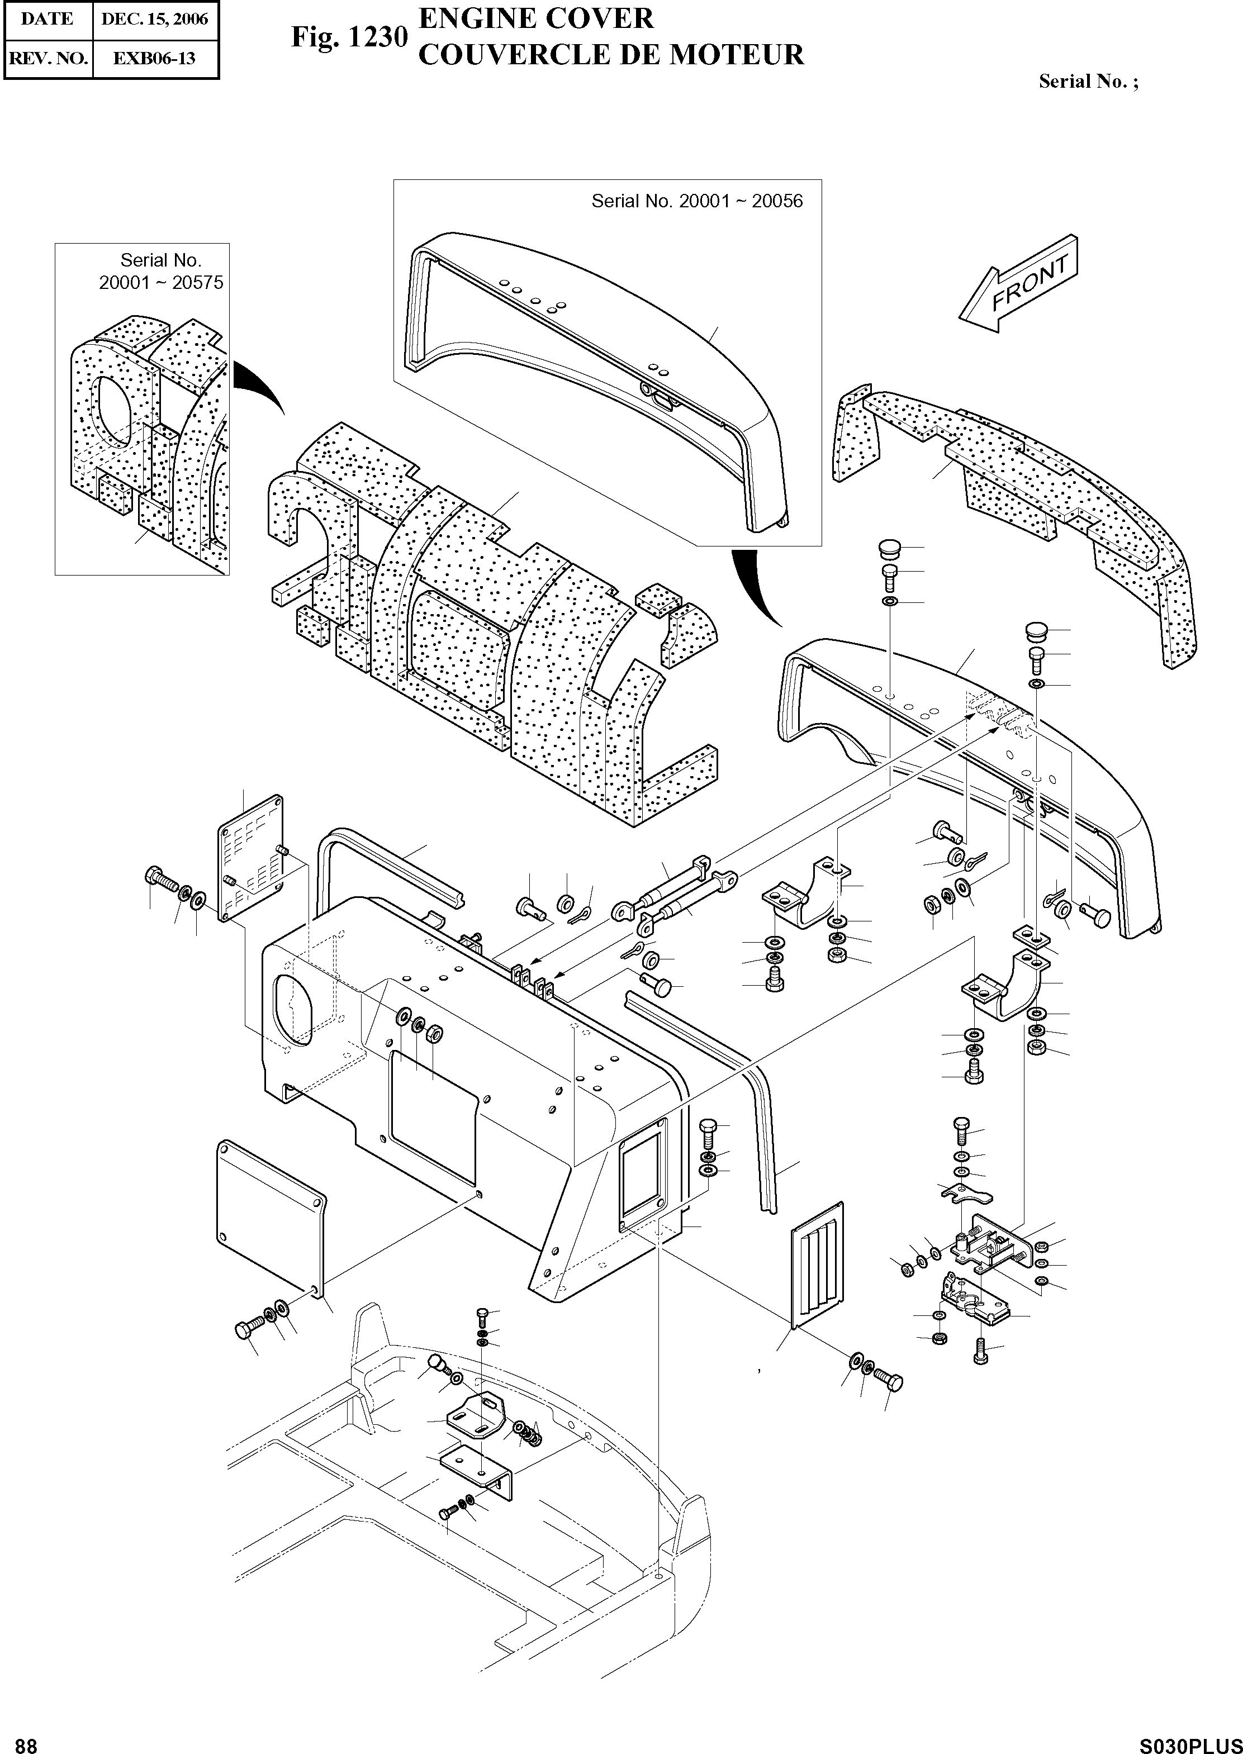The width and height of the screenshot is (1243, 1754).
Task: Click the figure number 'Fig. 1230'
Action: pyautogui.click(x=348, y=37)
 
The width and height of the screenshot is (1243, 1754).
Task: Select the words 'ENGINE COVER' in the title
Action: pyautogui.click(x=536, y=18)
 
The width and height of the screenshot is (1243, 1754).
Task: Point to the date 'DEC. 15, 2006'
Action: pyautogui.click(x=155, y=19)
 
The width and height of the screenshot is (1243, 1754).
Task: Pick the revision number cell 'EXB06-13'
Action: pyautogui.click(x=155, y=58)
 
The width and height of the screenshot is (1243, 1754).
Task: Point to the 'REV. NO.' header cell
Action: pyautogui.click(x=48, y=58)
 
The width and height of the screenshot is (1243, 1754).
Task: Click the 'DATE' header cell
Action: pyautogui.click(x=48, y=19)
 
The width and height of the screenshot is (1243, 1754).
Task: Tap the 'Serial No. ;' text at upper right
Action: pyautogui.click(x=1088, y=82)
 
